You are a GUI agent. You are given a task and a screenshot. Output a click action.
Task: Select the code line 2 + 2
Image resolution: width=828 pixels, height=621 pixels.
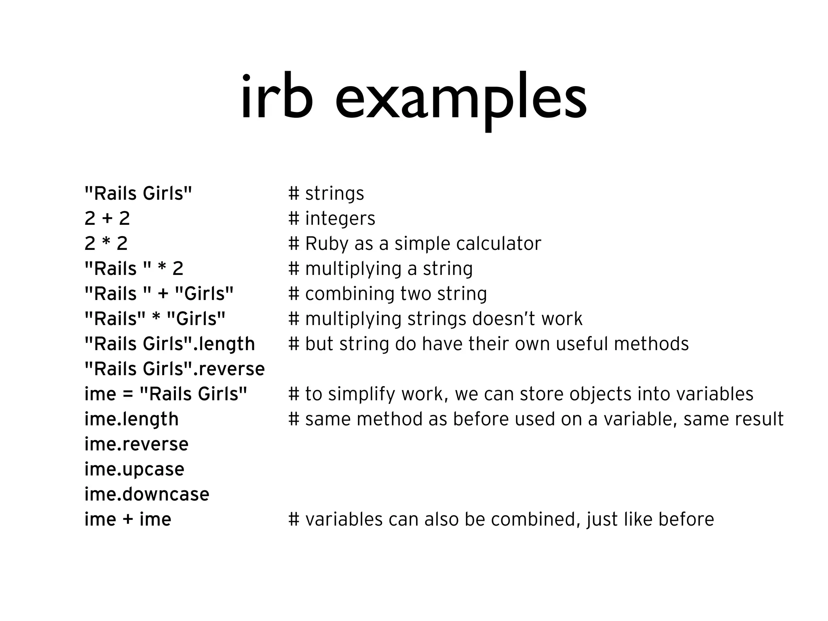click(x=107, y=219)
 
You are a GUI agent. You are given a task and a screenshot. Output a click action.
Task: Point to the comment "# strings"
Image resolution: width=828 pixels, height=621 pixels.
click(x=326, y=194)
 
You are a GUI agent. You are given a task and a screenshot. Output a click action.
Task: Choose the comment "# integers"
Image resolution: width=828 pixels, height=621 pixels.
click(x=332, y=219)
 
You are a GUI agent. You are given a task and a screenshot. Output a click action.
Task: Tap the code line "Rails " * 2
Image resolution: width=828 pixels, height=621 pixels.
click(x=134, y=269)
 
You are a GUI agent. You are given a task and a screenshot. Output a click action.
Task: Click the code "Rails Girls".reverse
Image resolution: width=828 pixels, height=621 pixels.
click(x=174, y=369)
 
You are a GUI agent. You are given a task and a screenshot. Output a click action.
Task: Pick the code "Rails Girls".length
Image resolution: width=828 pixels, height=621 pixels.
click(x=169, y=344)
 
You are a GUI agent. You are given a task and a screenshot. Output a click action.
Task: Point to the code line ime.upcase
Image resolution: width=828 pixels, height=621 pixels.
click(x=134, y=469)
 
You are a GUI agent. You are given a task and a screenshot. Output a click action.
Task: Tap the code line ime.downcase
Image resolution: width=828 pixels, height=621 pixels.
click(x=147, y=494)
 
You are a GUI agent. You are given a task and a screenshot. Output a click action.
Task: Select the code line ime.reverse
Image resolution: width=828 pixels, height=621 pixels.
click(x=136, y=444)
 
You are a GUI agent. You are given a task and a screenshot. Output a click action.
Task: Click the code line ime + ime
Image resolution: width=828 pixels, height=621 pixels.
click(x=128, y=520)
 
